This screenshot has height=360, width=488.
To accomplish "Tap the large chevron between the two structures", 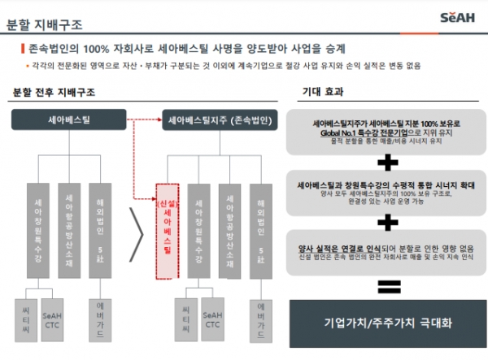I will [138, 236].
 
